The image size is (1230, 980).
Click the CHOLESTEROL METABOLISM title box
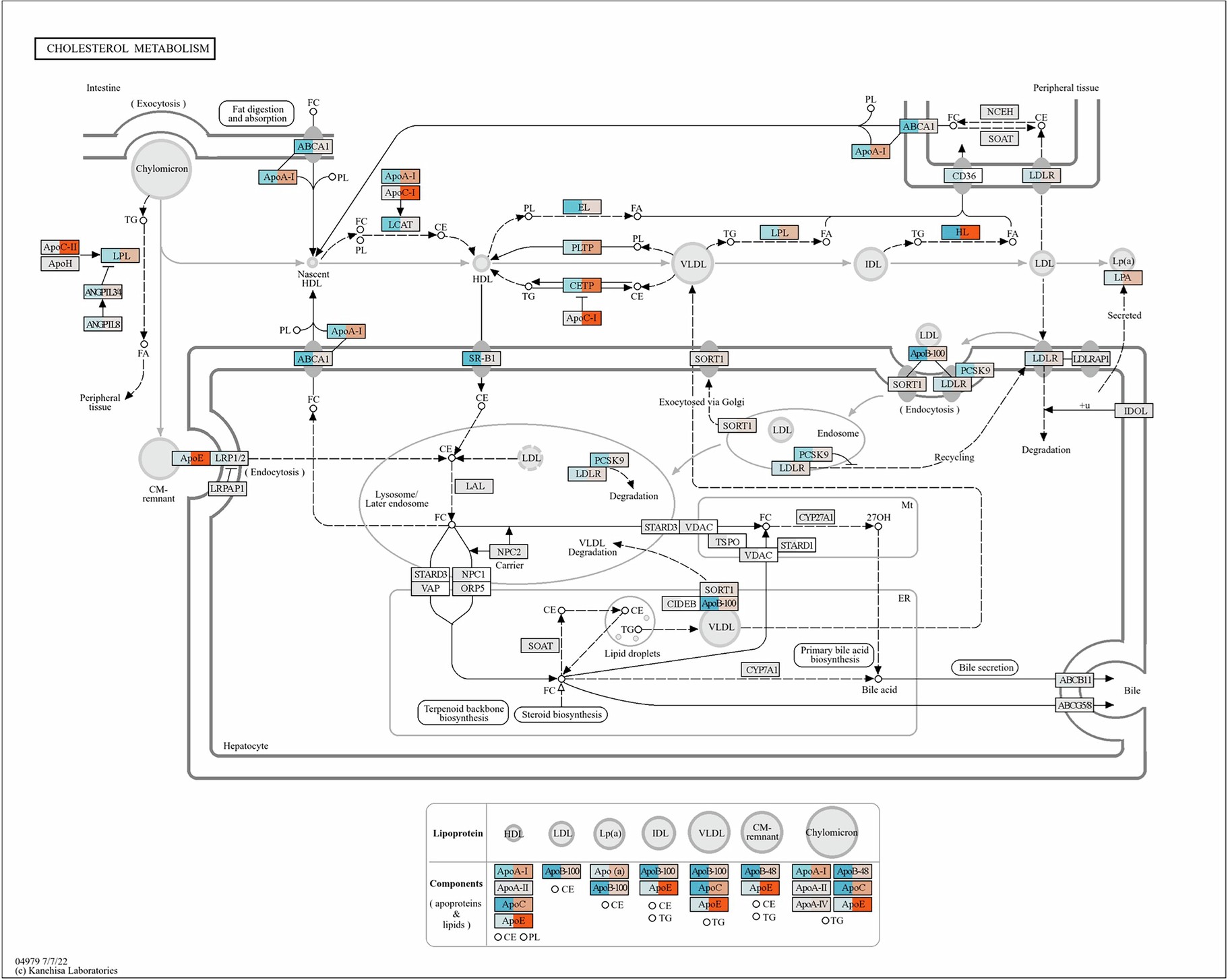[125, 49]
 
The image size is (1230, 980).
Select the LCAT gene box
[400, 224]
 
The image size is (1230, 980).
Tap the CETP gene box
[582, 286]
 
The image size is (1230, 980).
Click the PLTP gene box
[582, 247]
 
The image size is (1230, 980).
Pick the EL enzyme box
[582, 207]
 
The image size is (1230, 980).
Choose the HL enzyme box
[960, 233]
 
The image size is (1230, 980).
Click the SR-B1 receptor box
[481, 359]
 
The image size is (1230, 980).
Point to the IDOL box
[1135, 410]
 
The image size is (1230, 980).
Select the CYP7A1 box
[762, 669]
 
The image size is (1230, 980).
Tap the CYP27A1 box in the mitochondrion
[816, 518]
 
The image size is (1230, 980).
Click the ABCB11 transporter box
[1074, 680]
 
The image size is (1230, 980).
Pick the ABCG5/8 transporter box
[1074, 705]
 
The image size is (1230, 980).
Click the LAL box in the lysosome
[474, 486]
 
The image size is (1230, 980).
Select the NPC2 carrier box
[508, 551]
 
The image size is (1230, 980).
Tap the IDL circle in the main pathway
[872, 264]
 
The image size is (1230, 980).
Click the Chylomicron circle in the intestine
[162, 169]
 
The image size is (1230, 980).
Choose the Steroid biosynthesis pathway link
[561, 714]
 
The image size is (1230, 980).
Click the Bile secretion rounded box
[985, 667]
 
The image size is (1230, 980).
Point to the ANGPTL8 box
[102, 324]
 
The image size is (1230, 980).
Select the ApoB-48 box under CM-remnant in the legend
[760, 871]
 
